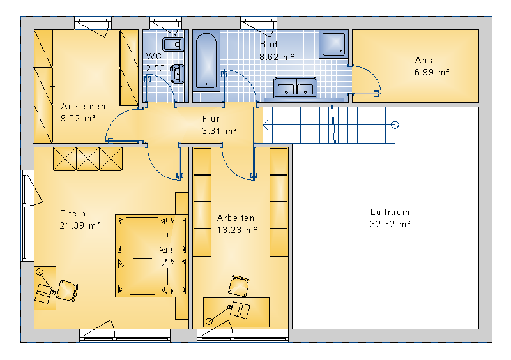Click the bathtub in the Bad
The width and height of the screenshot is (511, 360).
point(206,61)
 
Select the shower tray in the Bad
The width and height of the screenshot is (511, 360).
point(333,44)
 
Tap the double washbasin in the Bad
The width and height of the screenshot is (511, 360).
point(295,87)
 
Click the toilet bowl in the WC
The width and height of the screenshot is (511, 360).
point(173,44)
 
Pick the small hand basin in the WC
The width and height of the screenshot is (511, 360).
point(178,74)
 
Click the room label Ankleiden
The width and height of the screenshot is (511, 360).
point(84,106)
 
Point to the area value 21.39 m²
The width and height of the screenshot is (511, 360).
point(80,225)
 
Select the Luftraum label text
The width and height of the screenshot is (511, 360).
point(390,212)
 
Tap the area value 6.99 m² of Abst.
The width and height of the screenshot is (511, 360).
point(432,72)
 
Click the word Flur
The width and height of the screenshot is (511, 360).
point(211,119)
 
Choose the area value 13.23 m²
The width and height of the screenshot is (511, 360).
point(237,230)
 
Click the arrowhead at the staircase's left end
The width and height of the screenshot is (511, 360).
point(266,124)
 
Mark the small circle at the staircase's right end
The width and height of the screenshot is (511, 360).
point(395,124)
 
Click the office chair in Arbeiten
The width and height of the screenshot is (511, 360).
point(239,286)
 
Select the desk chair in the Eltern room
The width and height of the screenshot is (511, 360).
point(68,290)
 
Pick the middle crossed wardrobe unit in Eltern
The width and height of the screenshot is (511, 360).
point(88,159)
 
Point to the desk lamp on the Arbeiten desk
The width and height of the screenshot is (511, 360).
point(219,314)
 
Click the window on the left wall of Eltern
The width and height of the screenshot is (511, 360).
point(24,216)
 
